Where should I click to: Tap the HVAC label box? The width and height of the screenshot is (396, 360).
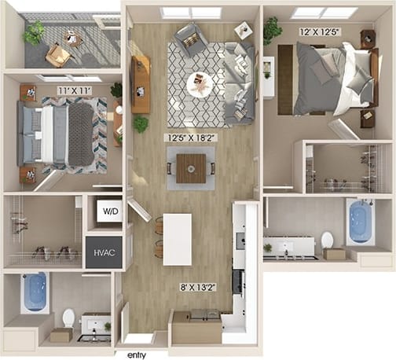pos(104,252)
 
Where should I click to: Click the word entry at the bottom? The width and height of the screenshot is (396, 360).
pos(138,354)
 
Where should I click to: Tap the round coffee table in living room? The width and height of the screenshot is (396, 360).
pos(199,83)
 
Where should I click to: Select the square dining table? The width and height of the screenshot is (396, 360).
pos(191,168)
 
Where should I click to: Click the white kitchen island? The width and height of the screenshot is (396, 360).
pos(177,239)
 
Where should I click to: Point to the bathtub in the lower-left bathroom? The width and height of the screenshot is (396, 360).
pos(35,292)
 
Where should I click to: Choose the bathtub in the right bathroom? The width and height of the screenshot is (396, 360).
pos(361,221)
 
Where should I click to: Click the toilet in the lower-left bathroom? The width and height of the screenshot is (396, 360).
pos(68,319)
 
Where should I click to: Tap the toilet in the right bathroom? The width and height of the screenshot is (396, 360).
pos(327,241)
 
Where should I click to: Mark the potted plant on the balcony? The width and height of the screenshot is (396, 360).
pos(34,33)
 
